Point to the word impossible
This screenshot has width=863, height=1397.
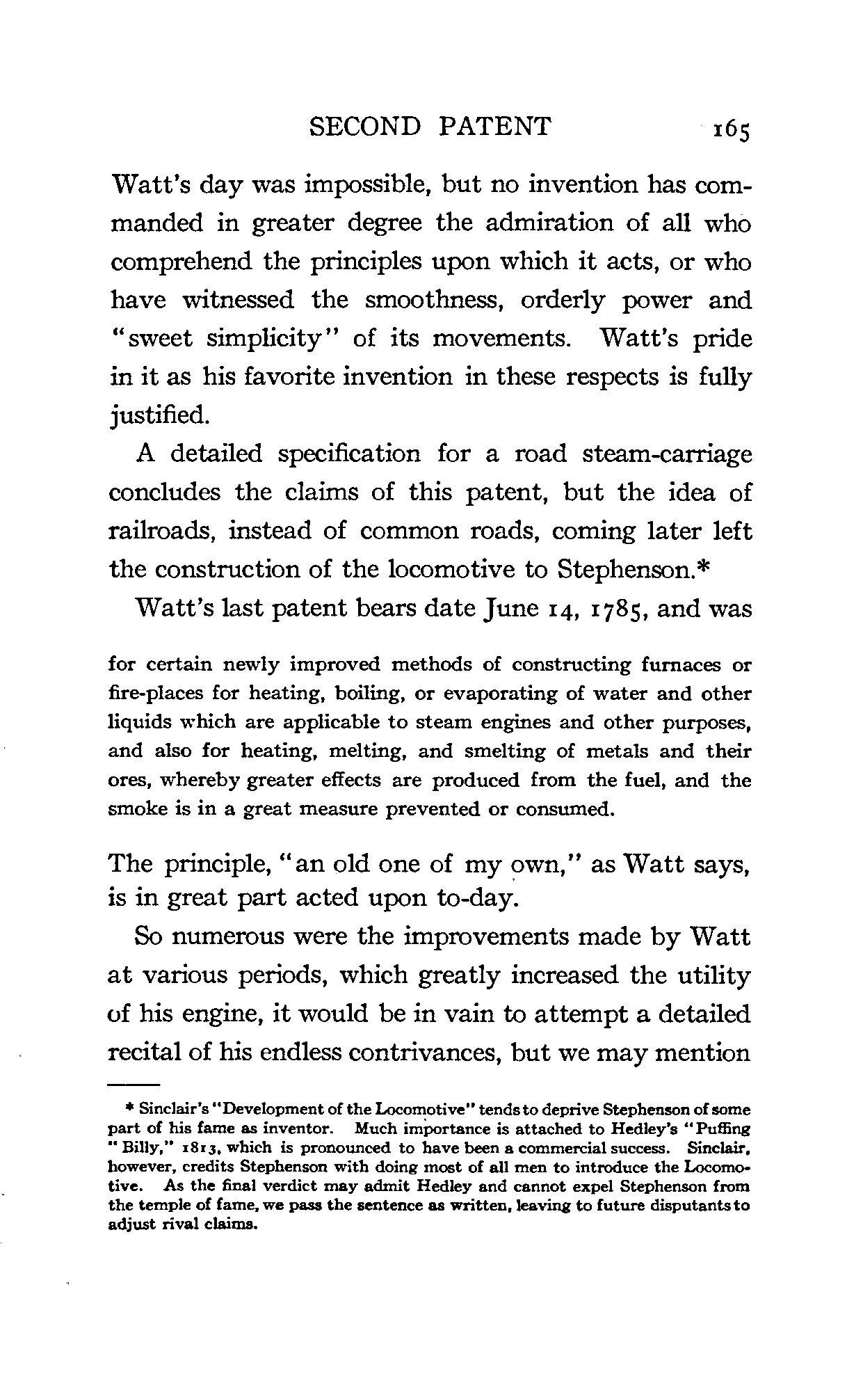tap(363, 186)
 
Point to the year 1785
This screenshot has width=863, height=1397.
tap(613, 609)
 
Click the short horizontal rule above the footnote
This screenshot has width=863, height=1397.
tap(134, 1085)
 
